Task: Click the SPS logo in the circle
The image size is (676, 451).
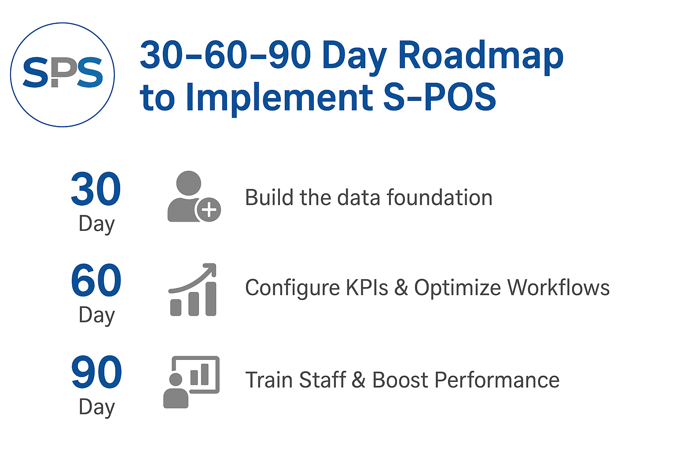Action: pyautogui.click(x=62, y=74)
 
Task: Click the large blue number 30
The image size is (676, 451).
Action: pyautogui.click(x=96, y=189)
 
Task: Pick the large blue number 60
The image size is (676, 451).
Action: pyautogui.click(x=96, y=280)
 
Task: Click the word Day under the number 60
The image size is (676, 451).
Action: pyautogui.click(x=96, y=315)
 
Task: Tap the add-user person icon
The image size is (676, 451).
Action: pyautogui.click(x=194, y=196)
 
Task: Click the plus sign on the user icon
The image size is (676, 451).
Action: pyautogui.click(x=209, y=210)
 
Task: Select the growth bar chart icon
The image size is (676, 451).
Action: pyautogui.click(x=192, y=289)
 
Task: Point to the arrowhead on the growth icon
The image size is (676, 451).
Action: pyautogui.click(x=210, y=270)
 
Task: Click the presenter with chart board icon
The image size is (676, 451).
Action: pyautogui.click(x=191, y=382)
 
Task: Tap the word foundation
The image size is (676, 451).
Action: pyautogui.click(x=440, y=198)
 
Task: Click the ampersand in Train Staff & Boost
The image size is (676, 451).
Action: pyautogui.click(x=359, y=380)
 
